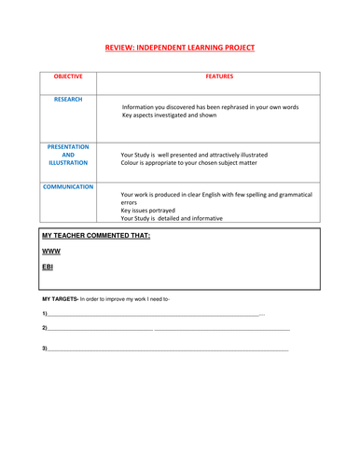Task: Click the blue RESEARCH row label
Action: coord(68,98)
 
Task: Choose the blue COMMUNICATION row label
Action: coord(68,186)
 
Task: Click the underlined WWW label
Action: coord(51,252)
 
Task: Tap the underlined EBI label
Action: coord(48,267)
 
